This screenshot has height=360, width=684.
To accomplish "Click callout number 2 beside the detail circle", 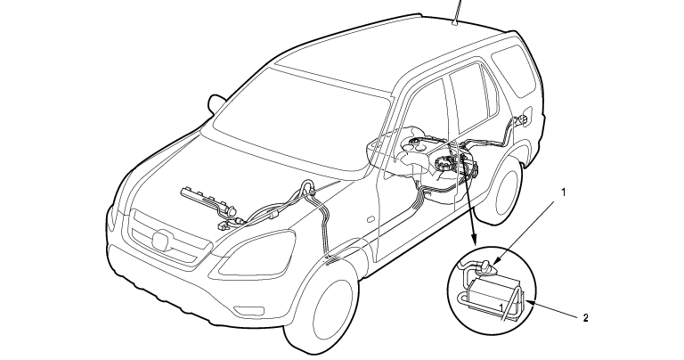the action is [x=586, y=318].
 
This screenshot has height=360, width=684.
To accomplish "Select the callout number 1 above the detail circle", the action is [x=564, y=192].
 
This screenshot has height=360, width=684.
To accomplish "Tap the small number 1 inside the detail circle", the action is [x=501, y=308].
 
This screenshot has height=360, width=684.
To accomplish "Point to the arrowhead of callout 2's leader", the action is [x=529, y=301].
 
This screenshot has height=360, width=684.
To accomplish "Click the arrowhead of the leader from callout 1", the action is [x=496, y=263].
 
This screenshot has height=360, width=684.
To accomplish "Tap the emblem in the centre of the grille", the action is [x=164, y=241].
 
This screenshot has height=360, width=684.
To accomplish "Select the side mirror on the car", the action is [x=215, y=104].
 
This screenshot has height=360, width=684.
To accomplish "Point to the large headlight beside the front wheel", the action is [x=257, y=252].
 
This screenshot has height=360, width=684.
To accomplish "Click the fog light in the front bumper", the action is [x=249, y=310].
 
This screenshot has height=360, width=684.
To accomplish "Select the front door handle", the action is [x=370, y=218].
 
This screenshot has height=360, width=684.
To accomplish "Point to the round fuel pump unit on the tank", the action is [x=444, y=165].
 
